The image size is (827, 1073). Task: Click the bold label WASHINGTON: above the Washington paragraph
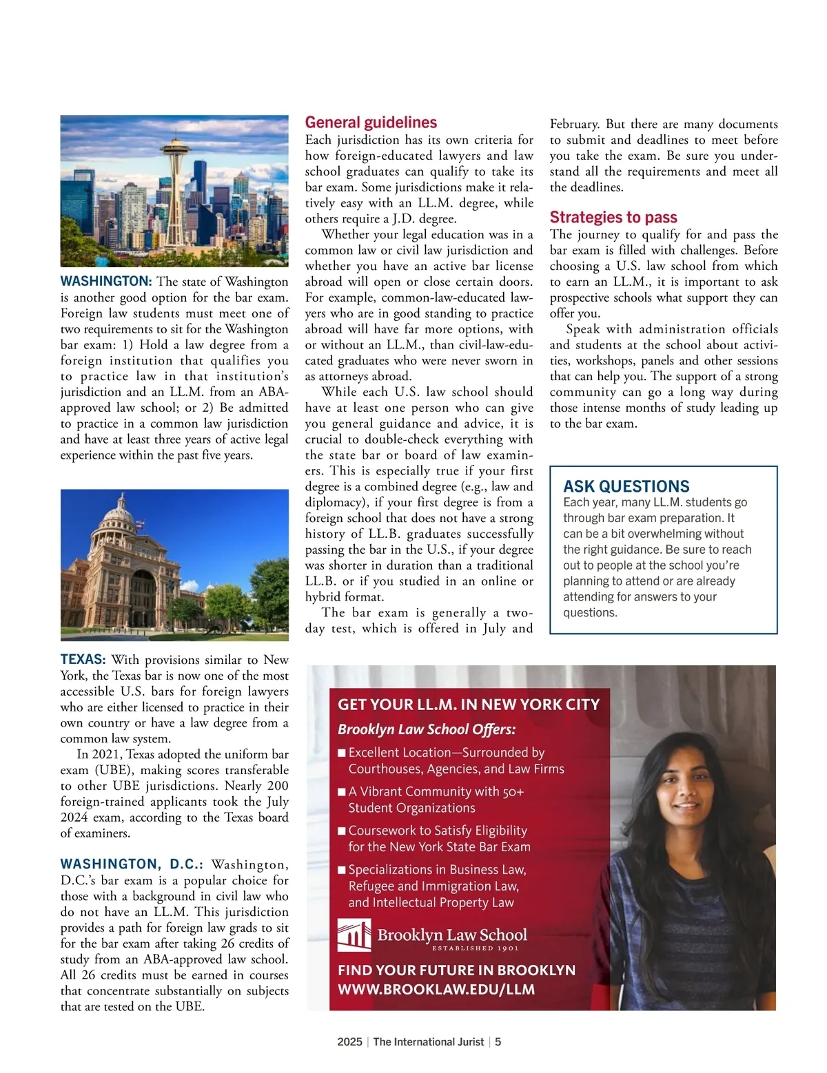[x=106, y=281]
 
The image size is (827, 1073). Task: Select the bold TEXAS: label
[x=83, y=659]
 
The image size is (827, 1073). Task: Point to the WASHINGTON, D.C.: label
[x=132, y=864]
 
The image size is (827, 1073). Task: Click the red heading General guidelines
[x=371, y=123]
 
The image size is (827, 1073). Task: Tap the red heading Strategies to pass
[x=613, y=218]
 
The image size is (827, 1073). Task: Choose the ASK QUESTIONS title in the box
[x=626, y=486]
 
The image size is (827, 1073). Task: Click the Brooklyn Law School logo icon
[x=354, y=935]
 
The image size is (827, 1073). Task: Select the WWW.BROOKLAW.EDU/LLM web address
[x=436, y=990]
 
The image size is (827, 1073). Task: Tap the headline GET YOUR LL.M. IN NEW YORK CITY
[x=469, y=705]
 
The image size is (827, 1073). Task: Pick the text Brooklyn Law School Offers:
[x=427, y=729]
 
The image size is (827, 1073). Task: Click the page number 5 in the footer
[x=498, y=1042]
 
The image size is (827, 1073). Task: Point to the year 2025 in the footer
[x=349, y=1042]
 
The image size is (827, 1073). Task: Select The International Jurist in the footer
[x=429, y=1042]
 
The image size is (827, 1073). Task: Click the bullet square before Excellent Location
[x=342, y=753]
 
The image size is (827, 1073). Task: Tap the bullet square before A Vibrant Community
[x=342, y=792]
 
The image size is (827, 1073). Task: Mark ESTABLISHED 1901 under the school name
[x=475, y=948]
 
